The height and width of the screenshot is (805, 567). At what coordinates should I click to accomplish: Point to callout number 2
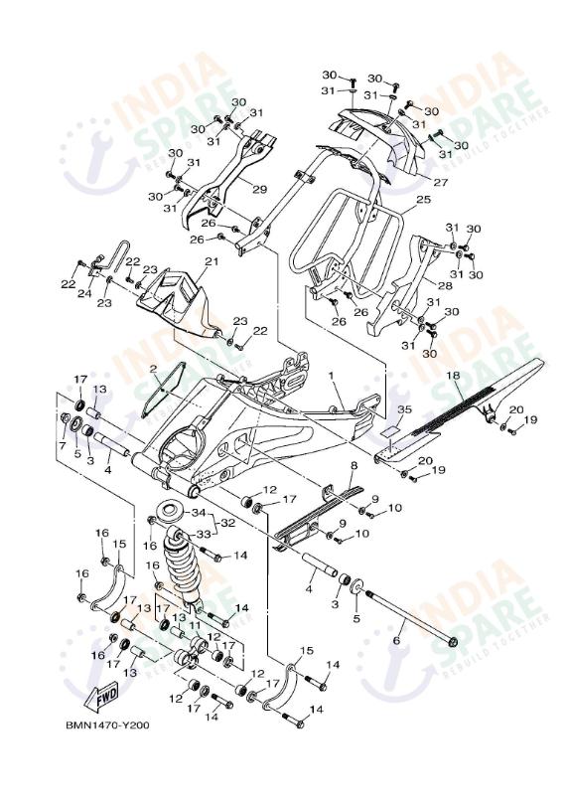154,370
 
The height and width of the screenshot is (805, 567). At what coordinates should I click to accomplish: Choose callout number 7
62,446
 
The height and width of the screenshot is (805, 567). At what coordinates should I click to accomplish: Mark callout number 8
353,464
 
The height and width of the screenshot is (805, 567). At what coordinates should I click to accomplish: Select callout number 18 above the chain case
453,376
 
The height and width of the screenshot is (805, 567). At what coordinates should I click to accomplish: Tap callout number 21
211,262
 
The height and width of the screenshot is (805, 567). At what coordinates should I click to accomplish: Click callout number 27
440,183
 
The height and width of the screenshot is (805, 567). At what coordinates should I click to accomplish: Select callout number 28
444,285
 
